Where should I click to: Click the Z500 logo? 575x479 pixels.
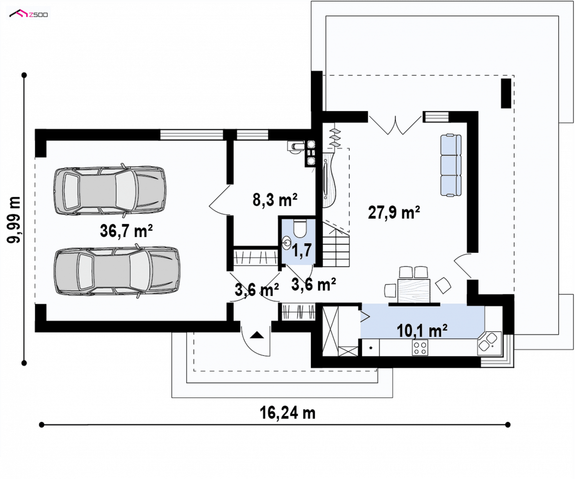[29, 14]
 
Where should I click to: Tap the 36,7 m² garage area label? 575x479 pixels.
[126, 231]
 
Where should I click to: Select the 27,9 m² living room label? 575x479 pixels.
[394, 212]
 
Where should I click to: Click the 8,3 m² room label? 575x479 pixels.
[275, 199]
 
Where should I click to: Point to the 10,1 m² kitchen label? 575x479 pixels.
[422, 330]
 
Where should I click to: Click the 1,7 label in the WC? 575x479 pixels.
[301, 250]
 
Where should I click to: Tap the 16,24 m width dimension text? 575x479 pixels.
[287, 413]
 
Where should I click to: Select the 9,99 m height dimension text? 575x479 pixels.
[14, 220]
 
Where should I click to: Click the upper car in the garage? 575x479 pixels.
[110, 190]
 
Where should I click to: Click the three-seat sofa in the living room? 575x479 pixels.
[451, 165]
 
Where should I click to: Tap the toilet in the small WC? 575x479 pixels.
[300, 228]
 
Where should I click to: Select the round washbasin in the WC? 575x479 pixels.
[287, 243]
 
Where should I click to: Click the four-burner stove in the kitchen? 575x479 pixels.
[420, 348]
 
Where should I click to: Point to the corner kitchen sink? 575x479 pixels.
[489, 343]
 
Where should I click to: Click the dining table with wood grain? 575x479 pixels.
[414, 291]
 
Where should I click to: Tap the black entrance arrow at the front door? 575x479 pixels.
[257, 335]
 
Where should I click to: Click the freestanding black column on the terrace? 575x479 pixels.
[506, 93]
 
